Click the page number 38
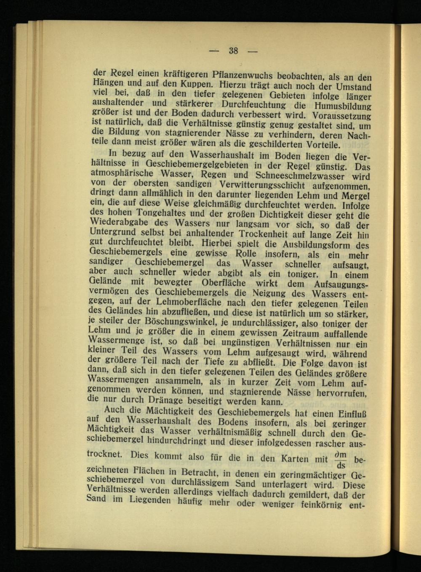[x=233, y=51]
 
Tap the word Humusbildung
[x=340, y=106]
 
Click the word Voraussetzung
[x=342, y=116]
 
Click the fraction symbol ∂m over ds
[x=341, y=460]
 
